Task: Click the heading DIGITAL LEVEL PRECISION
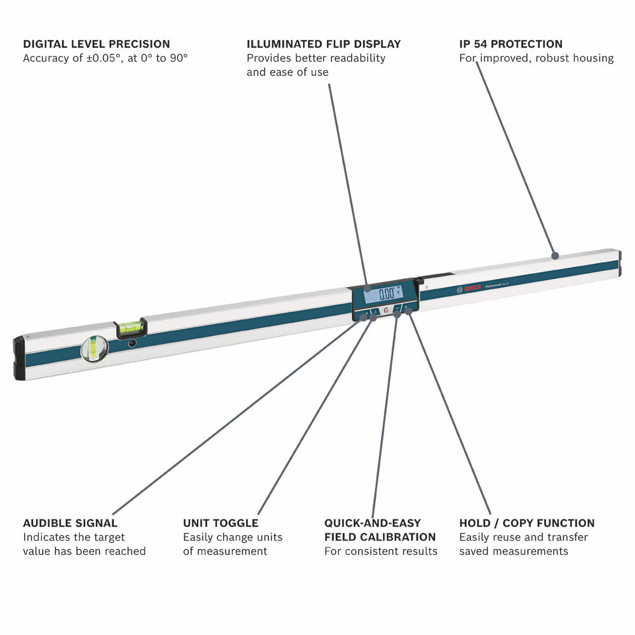(x=97, y=44)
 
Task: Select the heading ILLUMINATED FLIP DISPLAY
(x=324, y=44)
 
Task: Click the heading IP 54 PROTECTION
(x=511, y=44)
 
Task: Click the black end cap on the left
(x=19, y=359)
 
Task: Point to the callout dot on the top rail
(x=554, y=255)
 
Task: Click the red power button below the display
(x=386, y=312)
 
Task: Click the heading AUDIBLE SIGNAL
(x=70, y=523)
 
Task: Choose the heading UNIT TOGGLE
(x=220, y=523)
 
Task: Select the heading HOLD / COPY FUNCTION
(x=526, y=523)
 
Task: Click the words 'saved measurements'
(x=513, y=551)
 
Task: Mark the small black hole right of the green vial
(x=132, y=344)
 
